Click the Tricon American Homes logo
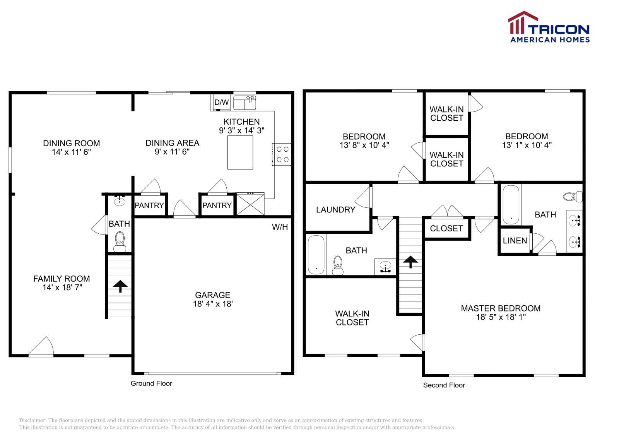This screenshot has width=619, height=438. click(549, 27)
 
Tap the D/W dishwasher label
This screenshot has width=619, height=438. click(221, 103)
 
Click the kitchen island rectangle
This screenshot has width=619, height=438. click(240, 152)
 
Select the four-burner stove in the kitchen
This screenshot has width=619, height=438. click(282, 154)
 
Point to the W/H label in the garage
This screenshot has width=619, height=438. click(280, 227)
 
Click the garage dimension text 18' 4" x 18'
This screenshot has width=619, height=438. click(213, 304)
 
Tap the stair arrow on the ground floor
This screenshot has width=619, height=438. click(120, 286)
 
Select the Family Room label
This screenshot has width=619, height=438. click(62, 279)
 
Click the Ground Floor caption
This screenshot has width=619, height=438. click(151, 383)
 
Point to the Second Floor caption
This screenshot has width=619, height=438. click(444, 385)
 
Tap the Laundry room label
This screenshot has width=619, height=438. click(335, 210)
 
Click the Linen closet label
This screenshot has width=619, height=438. click(515, 241)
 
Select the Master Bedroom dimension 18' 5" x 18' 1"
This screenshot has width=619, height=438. click(501, 317)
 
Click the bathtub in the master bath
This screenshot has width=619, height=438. click(511, 205)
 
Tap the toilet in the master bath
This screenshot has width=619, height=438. click(573, 197)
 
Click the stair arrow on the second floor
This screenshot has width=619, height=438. click(410, 262)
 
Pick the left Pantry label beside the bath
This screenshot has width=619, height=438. click(149, 205)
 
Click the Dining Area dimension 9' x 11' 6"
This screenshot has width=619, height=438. click(172, 152)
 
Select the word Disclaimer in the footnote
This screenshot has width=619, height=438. click(33, 421)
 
